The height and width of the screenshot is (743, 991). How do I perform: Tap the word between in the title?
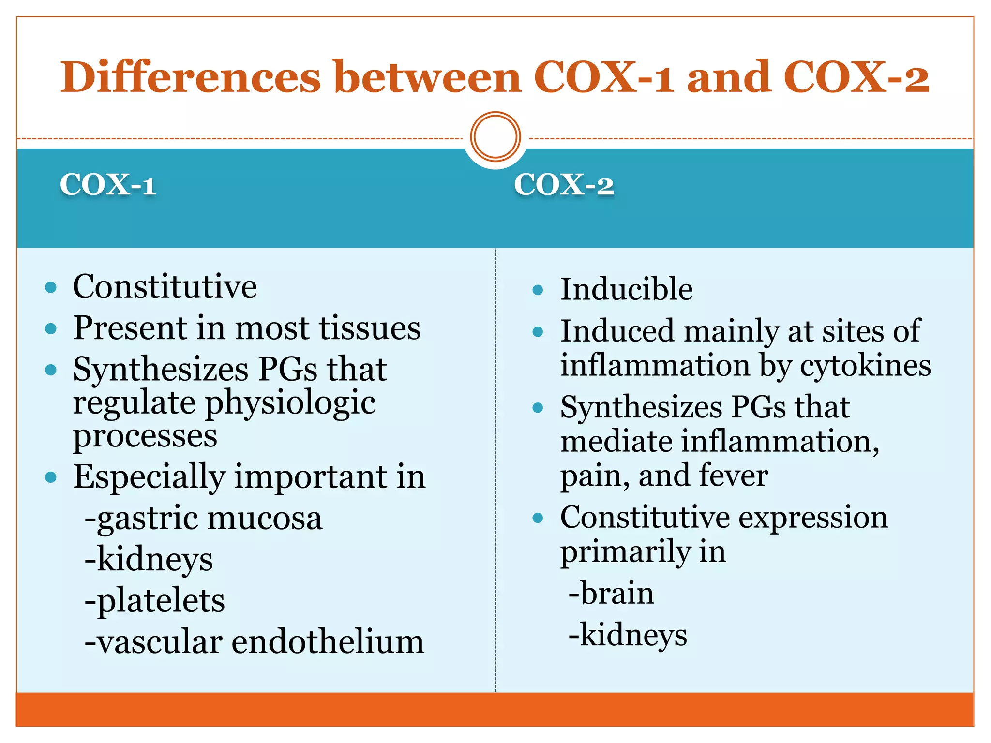(x=427, y=77)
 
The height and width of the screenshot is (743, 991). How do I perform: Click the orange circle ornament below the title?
(x=495, y=137)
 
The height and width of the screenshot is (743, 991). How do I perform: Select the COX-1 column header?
(x=107, y=185)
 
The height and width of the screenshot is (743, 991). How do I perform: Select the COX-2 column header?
(x=564, y=185)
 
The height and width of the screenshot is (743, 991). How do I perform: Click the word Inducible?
(x=626, y=289)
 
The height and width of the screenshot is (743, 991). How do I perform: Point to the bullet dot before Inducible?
(x=538, y=290)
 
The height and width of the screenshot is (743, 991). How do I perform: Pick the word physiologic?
(x=290, y=403)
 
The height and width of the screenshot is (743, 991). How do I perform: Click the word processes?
(x=145, y=436)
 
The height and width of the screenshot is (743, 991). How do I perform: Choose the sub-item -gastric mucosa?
(x=203, y=518)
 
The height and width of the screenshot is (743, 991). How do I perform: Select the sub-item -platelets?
(x=155, y=601)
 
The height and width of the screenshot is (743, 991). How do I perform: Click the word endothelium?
(x=328, y=642)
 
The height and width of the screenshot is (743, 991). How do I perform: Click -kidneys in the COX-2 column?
(x=628, y=635)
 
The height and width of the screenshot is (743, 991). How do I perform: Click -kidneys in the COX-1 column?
(x=149, y=560)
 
